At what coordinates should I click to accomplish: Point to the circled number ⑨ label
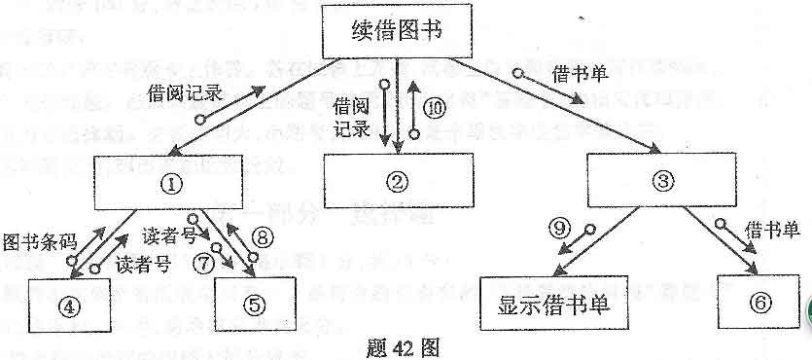coord(557,230)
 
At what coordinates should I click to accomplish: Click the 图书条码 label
coord(36,239)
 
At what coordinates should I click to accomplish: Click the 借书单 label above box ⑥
coord(771,230)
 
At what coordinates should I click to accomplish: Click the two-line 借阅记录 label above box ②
coord(353,113)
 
